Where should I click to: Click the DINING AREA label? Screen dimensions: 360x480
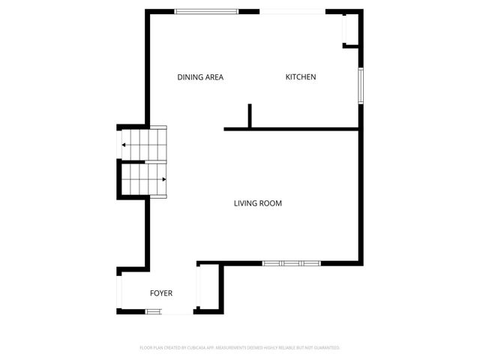pos(200,77)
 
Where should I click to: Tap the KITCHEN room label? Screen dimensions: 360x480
pos(301,77)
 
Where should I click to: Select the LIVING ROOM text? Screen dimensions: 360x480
pos(258,203)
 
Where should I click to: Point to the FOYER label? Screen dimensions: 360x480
pos(161,293)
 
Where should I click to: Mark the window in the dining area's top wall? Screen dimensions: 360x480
pos(206,11)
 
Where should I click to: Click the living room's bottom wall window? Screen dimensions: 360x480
pos(292,263)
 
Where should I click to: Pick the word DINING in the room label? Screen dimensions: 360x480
pos(189,77)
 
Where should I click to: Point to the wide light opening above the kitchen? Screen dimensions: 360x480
pos(293,11)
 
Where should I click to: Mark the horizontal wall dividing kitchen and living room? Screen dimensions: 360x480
pos(292,129)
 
